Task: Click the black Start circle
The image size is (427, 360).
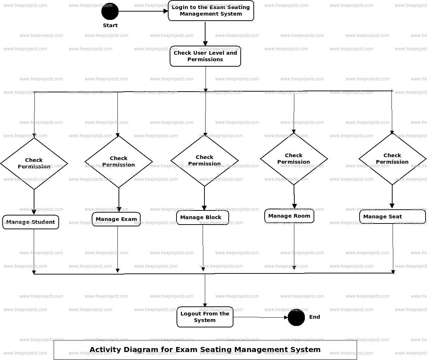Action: tap(110, 11)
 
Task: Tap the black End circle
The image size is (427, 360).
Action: tap(296, 317)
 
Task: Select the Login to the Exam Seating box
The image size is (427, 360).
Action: tap(211, 11)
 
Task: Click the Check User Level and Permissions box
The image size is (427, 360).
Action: tap(205, 56)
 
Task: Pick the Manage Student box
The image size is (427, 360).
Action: tap(30, 222)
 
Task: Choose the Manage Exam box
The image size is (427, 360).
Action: tap(116, 219)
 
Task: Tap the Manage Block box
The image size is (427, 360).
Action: tap(203, 217)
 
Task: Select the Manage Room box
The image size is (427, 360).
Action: tap(289, 216)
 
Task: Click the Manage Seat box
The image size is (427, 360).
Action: tap(392, 217)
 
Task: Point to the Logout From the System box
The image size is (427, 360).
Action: tap(205, 317)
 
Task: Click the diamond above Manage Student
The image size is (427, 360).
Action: tap(34, 163)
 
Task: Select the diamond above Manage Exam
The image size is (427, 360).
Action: tap(119, 162)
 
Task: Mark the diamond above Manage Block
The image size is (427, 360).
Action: tap(204, 160)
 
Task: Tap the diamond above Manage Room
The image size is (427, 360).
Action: tap(294, 159)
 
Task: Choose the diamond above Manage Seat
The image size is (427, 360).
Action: tap(392, 159)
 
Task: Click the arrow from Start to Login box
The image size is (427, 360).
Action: tap(143, 11)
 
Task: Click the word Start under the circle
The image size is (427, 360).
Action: tap(110, 25)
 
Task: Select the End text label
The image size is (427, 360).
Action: tap(315, 317)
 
